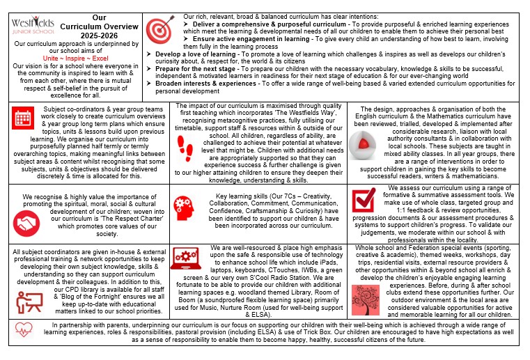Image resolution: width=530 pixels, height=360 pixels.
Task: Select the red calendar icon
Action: [23, 118]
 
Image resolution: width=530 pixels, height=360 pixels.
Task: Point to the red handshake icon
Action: [29, 223]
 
